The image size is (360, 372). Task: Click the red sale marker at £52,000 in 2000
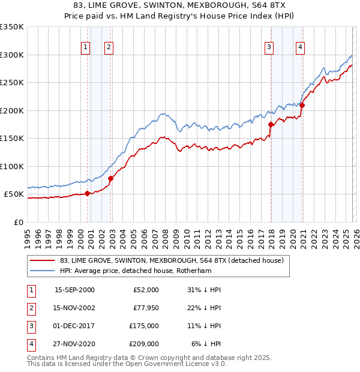(88, 193)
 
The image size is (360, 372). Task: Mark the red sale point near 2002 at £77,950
(110, 178)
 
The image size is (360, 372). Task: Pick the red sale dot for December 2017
(271, 125)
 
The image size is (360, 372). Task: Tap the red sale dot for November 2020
(302, 106)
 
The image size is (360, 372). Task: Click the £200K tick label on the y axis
(12, 110)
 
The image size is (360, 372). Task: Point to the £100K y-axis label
(12, 166)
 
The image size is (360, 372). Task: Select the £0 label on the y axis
(17, 222)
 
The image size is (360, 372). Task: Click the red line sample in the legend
(41, 260)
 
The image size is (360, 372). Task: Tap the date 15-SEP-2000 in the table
(74, 290)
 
